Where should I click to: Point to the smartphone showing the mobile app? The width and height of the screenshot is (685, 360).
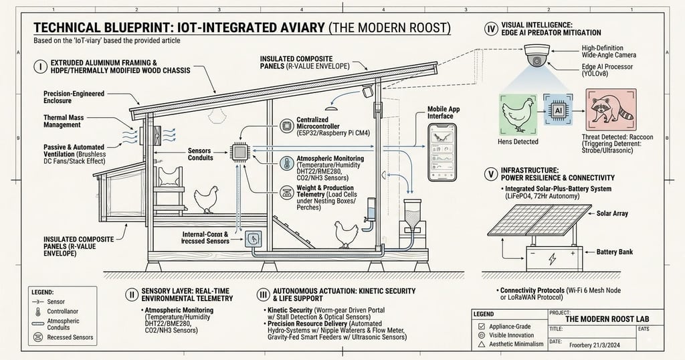(x=442, y=152)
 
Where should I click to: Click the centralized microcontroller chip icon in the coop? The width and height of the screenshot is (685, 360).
(x=239, y=152)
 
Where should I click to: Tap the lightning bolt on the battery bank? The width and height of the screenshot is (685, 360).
(x=551, y=257)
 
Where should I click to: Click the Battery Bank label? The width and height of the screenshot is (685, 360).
(x=614, y=252)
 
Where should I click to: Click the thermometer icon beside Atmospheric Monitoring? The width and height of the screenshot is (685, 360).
(x=285, y=164)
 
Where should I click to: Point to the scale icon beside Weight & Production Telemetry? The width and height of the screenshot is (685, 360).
(x=285, y=193)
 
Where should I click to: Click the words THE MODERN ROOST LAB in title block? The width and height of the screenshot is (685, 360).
(x=603, y=320)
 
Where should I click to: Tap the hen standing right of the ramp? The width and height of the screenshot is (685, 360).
(x=347, y=234)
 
